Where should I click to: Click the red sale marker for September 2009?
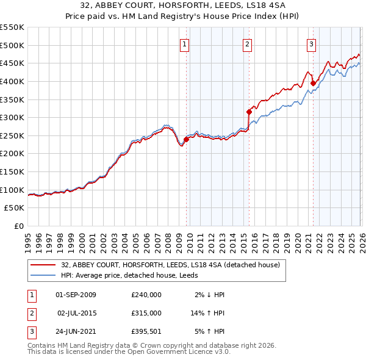tap(186, 139)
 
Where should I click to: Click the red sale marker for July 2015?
tap(249, 112)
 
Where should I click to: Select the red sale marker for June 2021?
tap(313, 83)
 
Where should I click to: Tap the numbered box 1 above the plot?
tap(184, 43)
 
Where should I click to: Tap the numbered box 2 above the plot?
tap(247, 43)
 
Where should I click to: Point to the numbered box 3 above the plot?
tap(311, 43)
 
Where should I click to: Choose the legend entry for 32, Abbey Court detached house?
tap(170, 265)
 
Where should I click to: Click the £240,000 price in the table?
tap(146, 295)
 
